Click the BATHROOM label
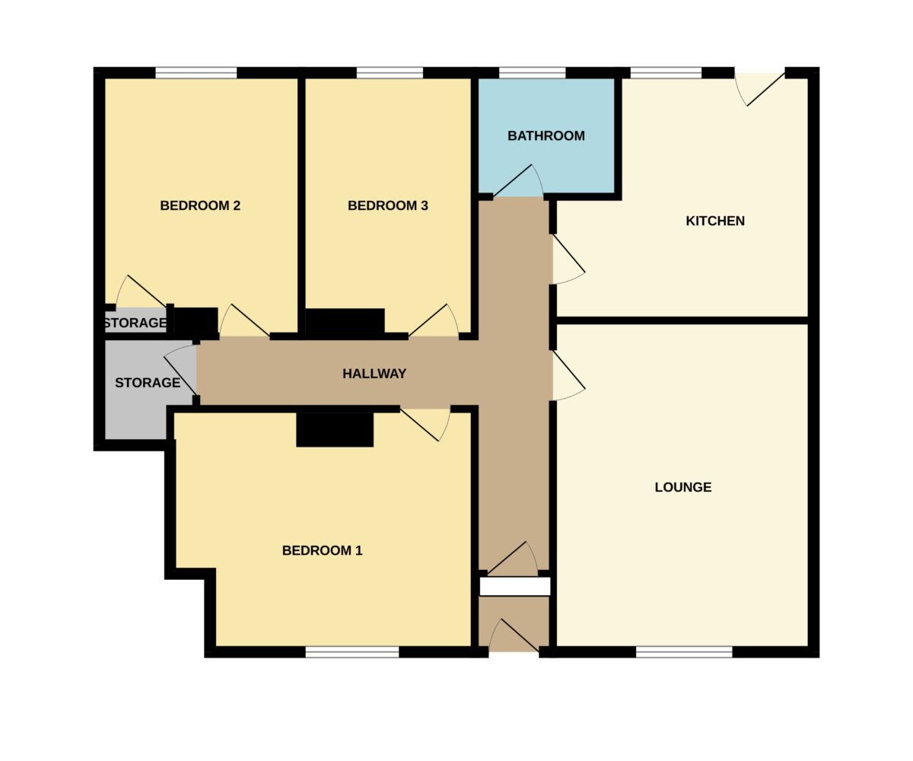click(x=546, y=136)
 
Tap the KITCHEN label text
click(x=715, y=221)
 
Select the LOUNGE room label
click(x=683, y=487)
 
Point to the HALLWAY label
click(x=374, y=374)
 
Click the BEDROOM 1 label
click(x=323, y=550)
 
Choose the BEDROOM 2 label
click(x=200, y=205)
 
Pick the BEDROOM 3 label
click(x=388, y=205)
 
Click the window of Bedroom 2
click(x=196, y=72)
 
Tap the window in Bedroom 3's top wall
click(x=390, y=72)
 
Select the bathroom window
click(x=532, y=72)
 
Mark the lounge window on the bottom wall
click(x=684, y=651)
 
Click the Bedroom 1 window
click(x=352, y=651)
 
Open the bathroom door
click(x=518, y=180)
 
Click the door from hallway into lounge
click(x=568, y=375)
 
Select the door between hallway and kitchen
click(x=568, y=260)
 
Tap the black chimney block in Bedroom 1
click(x=335, y=429)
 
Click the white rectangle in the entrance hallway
click(x=514, y=587)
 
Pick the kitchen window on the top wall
click(x=666, y=72)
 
